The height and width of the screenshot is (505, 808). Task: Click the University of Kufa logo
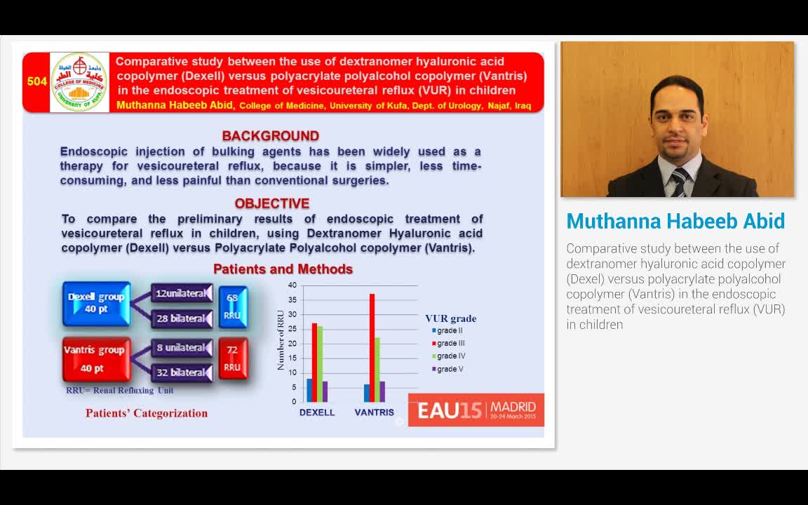tap(80, 82)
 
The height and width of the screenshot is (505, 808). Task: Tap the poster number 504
tap(37, 81)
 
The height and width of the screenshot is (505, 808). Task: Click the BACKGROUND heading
tap(271, 136)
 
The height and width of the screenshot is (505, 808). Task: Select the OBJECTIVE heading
tap(272, 203)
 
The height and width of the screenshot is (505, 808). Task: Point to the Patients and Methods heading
tap(283, 269)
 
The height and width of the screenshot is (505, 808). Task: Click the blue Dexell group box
tap(96, 303)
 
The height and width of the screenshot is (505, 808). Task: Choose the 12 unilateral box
tap(182, 293)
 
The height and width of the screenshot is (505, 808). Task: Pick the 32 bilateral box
tap(182, 372)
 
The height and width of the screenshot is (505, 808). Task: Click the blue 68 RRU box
tap(232, 307)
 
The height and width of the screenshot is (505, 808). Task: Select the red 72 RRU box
tap(232, 358)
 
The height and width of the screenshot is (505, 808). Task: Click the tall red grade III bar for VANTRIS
tap(372, 347)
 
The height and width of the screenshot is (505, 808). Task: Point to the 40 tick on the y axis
tap(292, 285)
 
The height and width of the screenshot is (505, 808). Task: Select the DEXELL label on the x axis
tap(317, 412)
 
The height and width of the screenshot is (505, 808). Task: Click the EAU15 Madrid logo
tap(476, 410)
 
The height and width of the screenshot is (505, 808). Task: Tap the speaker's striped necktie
tap(679, 182)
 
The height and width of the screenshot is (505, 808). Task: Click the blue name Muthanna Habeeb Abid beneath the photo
tap(675, 221)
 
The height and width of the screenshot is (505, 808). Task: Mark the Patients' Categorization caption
tap(147, 413)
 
